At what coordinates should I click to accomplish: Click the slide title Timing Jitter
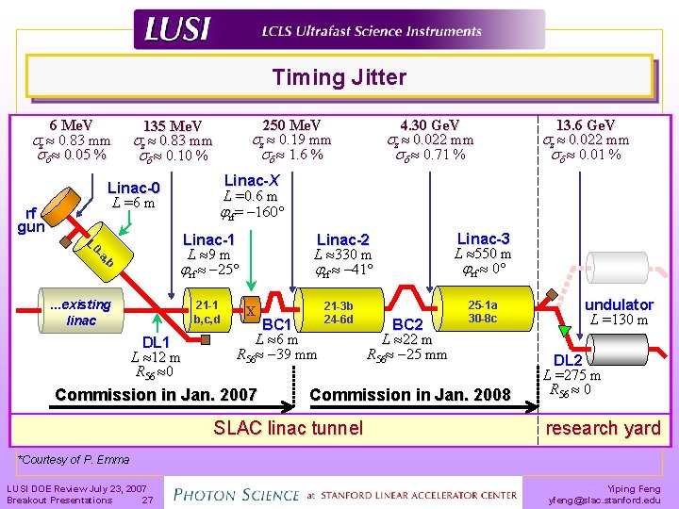point(339,77)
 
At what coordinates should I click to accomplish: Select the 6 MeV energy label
point(71,125)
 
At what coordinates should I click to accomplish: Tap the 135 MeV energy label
point(172,127)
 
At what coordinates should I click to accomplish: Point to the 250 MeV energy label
point(291,125)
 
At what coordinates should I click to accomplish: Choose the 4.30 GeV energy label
point(430,125)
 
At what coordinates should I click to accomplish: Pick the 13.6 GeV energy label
point(586,125)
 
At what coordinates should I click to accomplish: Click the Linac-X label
point(252,180)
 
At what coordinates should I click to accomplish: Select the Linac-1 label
point(208,239)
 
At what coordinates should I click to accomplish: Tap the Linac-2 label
point(343,239)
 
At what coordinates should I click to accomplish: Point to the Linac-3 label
point(483,238)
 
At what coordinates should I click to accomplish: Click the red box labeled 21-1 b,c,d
point(206,311)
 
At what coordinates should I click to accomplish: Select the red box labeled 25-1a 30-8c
point(482,312)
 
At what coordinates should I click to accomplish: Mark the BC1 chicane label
point(280,325)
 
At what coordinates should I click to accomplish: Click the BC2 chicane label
point(407,325)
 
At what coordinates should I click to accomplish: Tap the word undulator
point(619,304)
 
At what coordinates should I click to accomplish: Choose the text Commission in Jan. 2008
point(409,395)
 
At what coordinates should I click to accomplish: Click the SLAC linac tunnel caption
point(288,428)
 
